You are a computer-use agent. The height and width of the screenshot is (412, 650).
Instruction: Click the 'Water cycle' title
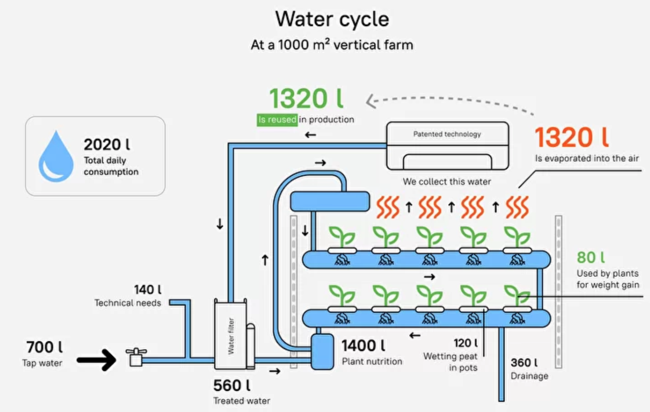pos(332,20)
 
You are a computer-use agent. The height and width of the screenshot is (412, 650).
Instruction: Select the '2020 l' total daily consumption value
pos(107,144)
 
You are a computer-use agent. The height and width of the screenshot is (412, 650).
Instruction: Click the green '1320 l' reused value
pos(306,99)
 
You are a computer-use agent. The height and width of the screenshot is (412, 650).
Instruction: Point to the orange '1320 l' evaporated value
pos(571,137)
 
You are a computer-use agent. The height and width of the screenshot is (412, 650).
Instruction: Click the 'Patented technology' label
pos(447,134)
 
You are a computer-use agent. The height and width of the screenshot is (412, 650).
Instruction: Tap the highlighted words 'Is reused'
pos(277,120)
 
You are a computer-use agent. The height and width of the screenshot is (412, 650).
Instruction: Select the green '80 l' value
pos(591,258)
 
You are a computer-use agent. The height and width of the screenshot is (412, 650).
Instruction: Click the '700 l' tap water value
pos(44,347)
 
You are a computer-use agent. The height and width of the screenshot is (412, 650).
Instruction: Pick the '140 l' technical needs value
pos(147,290)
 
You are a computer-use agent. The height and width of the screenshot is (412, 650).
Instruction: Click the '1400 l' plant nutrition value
pos(364,346)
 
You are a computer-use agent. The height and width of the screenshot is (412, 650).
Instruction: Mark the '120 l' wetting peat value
pos(465,343)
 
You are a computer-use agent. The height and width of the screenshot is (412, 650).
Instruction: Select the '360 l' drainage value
pos(524,363)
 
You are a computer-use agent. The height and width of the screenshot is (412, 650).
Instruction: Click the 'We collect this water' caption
pos(446,182)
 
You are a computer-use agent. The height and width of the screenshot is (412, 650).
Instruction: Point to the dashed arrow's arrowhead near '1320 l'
pos(370,101)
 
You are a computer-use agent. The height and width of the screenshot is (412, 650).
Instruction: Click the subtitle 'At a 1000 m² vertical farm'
pos(332,45)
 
